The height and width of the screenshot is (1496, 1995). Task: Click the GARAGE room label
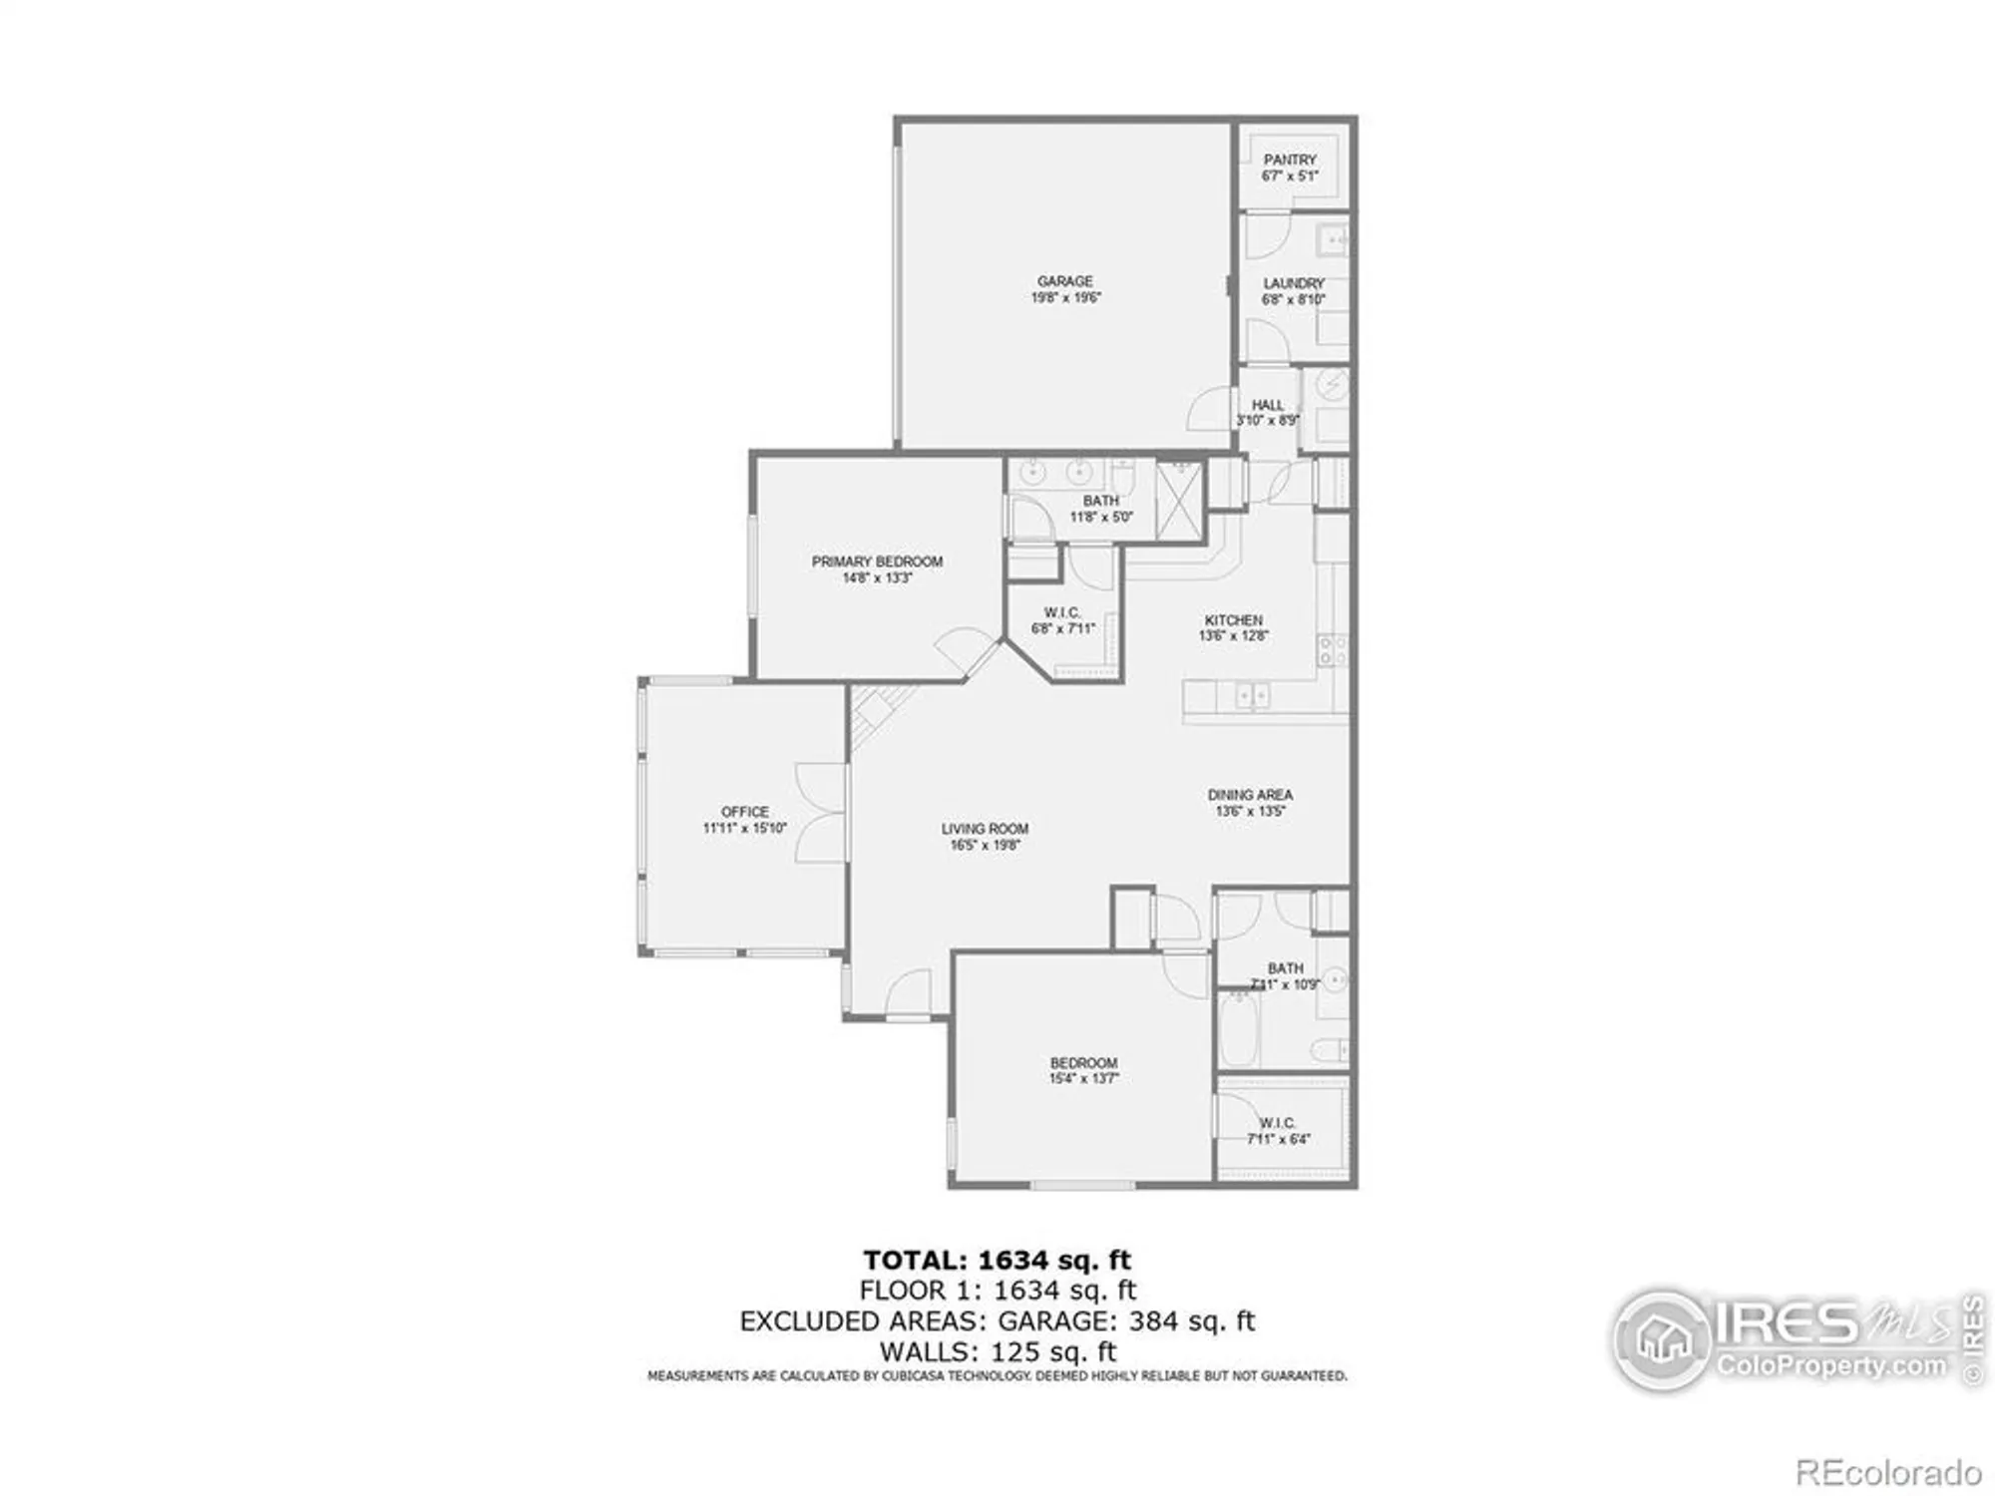[x=1064, y=281]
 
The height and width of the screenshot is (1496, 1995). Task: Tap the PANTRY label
[x=1290, y=160]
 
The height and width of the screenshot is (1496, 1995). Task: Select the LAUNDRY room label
[x=1294, y=283]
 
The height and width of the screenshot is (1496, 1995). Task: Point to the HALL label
[x=1268, y=405]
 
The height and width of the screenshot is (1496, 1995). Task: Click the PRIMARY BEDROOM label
[x=877, y=561]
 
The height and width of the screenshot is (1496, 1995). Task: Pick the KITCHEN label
[x=1233, y=620]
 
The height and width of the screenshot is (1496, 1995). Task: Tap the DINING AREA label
[x=1250, y=795]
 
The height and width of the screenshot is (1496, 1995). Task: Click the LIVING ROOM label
[x=985, y=829]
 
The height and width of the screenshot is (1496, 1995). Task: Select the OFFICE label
[x=745, y=812]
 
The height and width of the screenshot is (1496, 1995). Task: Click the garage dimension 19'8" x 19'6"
[x=1065, y=298]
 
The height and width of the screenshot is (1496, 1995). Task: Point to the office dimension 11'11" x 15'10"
[x=745, y=828]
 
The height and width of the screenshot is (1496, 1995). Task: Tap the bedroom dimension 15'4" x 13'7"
[x=1083, y=1079]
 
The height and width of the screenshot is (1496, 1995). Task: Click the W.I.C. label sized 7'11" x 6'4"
[x=1277, y=1123]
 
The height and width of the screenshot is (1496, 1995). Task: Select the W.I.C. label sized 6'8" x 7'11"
[x=1062, y=612]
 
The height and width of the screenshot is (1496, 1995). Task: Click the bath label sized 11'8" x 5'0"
[x=1100, y=501]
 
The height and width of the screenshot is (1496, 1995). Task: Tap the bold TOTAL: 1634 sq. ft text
[x=997, y=1260]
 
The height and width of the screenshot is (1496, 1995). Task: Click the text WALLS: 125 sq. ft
[x=997, y=1352]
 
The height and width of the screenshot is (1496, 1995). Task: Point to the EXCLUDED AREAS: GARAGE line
[x=997, y=1321]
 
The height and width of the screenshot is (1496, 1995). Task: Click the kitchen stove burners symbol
[x=1333, y=650]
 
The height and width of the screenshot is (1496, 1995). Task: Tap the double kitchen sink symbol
[x=1252, y=695]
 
